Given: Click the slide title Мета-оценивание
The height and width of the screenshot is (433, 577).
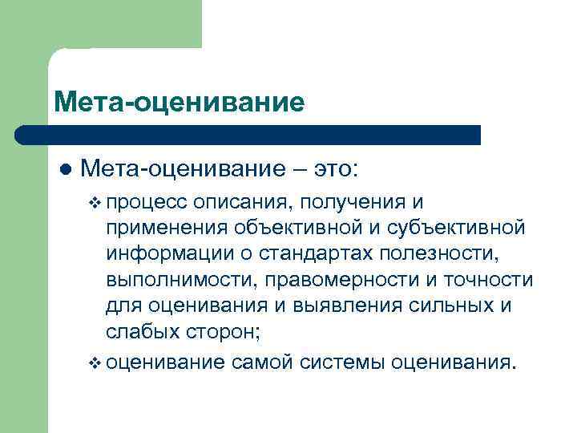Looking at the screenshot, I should pos(180,103).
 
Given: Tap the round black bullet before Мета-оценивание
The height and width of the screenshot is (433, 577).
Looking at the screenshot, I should pos(65,171).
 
